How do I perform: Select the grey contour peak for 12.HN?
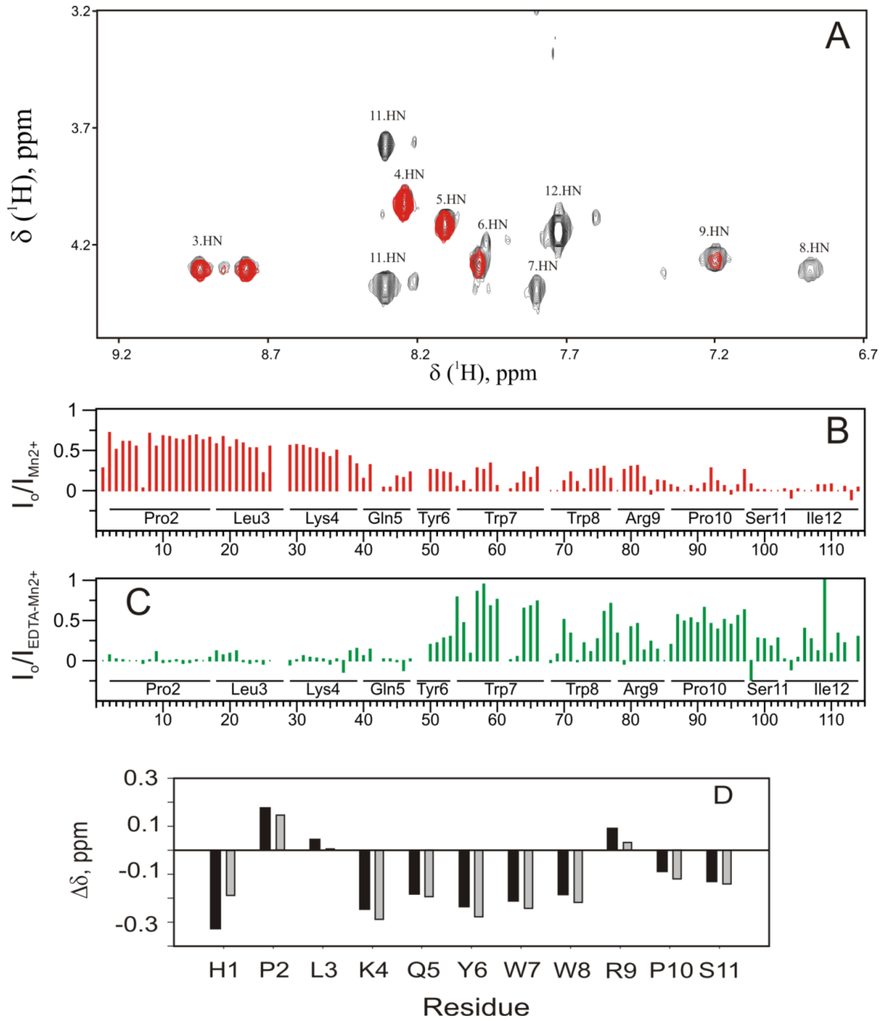tap(558, 230)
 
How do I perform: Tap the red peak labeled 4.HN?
tap(403, 203)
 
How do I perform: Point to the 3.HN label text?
tap(207, 241)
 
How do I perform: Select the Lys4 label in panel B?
tap(322, 518)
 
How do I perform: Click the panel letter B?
tap(837, 431)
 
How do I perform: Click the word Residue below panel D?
tap(476, 1006)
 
